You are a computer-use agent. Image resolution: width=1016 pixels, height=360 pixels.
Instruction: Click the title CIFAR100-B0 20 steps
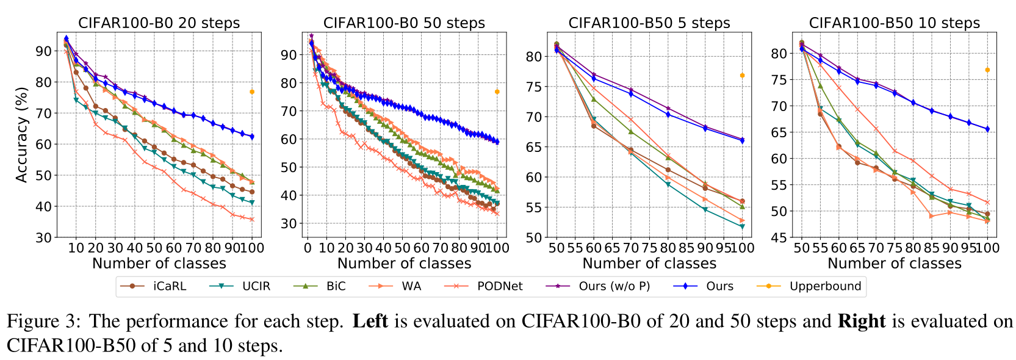pos(159,23)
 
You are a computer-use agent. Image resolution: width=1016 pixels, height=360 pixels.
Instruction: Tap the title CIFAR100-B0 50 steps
pos(404,23)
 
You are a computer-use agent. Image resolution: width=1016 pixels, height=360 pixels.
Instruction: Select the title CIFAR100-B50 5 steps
pos(649,23)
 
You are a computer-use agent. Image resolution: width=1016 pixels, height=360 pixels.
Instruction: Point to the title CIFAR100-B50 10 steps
pos(894,23)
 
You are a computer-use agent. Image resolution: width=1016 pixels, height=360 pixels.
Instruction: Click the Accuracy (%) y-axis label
pos(22,135)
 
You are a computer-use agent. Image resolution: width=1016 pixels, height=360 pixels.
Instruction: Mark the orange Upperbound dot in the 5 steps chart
pos(742,75)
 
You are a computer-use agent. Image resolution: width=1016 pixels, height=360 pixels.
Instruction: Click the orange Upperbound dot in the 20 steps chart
pos(251,92)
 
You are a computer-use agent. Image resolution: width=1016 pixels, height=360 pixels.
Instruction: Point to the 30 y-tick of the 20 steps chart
pos(44,237)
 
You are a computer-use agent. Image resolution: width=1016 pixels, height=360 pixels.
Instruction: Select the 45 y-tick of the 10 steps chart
pos(779,237)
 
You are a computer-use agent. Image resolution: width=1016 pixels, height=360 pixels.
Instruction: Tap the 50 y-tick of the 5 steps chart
pos(534,237)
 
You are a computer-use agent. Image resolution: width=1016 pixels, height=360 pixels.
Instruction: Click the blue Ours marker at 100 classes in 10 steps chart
pos(987,129)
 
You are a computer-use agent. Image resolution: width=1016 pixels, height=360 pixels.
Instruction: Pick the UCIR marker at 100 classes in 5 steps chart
pos(742,226)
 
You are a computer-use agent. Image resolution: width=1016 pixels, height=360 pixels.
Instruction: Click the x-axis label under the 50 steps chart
pos(404,264)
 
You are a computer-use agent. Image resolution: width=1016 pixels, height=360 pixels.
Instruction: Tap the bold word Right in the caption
pos(861,322)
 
